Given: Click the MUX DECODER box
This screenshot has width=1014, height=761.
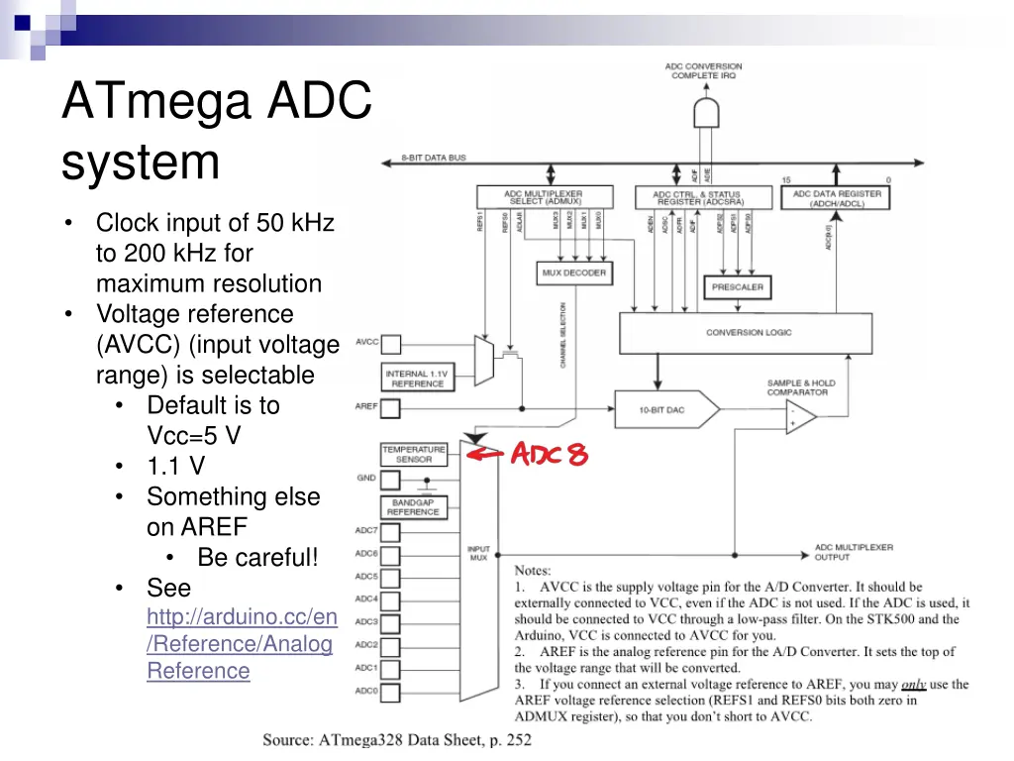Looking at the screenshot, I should pos(573,272).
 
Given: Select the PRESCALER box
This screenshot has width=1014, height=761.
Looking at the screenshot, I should pos(737,287).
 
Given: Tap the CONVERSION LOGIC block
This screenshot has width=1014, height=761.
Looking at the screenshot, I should pos(749,333).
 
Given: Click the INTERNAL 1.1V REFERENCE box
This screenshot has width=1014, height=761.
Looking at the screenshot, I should pos(417,379).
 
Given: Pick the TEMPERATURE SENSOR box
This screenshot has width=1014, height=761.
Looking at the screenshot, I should pos(414,454).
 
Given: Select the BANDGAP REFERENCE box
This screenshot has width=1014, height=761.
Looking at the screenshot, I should pos(414,506).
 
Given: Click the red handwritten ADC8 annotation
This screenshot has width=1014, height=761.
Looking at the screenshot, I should pos(549,455).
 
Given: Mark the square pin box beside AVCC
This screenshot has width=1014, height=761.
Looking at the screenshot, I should pos(391,344).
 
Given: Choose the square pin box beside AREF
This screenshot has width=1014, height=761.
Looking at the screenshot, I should pos(391,407).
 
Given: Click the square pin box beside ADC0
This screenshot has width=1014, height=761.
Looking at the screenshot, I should pos(391,691).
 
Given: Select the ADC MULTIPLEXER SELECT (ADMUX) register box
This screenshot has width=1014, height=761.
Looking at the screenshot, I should pos(543,197).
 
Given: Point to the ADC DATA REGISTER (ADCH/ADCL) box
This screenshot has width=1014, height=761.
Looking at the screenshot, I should pos(836,199).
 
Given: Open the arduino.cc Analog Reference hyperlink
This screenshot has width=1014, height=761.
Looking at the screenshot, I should pos(242,644).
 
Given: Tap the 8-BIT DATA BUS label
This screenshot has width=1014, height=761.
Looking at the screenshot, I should pos(433,159).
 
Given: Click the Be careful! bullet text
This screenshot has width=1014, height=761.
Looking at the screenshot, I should pos(257,557).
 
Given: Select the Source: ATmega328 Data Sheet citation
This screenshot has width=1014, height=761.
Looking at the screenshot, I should pos(396,739).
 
